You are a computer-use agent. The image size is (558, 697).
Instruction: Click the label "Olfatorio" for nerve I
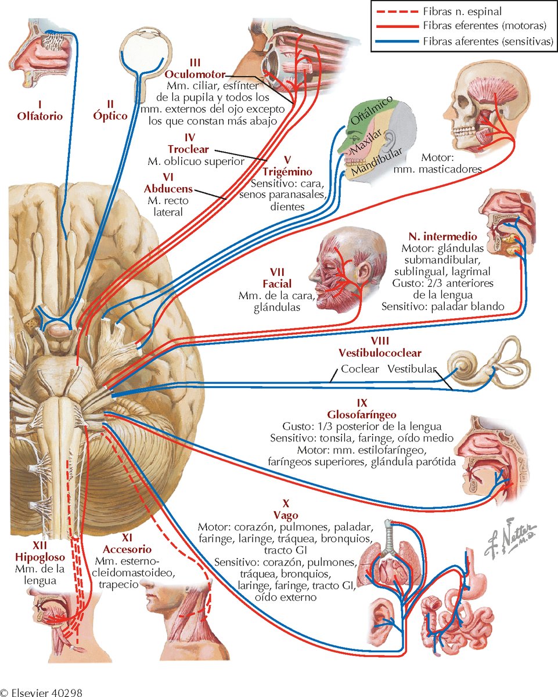coord(39,116)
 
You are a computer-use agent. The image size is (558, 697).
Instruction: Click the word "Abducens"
coord(170,189)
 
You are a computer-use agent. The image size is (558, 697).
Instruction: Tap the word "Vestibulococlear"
coord(380,353)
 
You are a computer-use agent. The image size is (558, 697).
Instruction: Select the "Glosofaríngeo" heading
coord(362,415)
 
